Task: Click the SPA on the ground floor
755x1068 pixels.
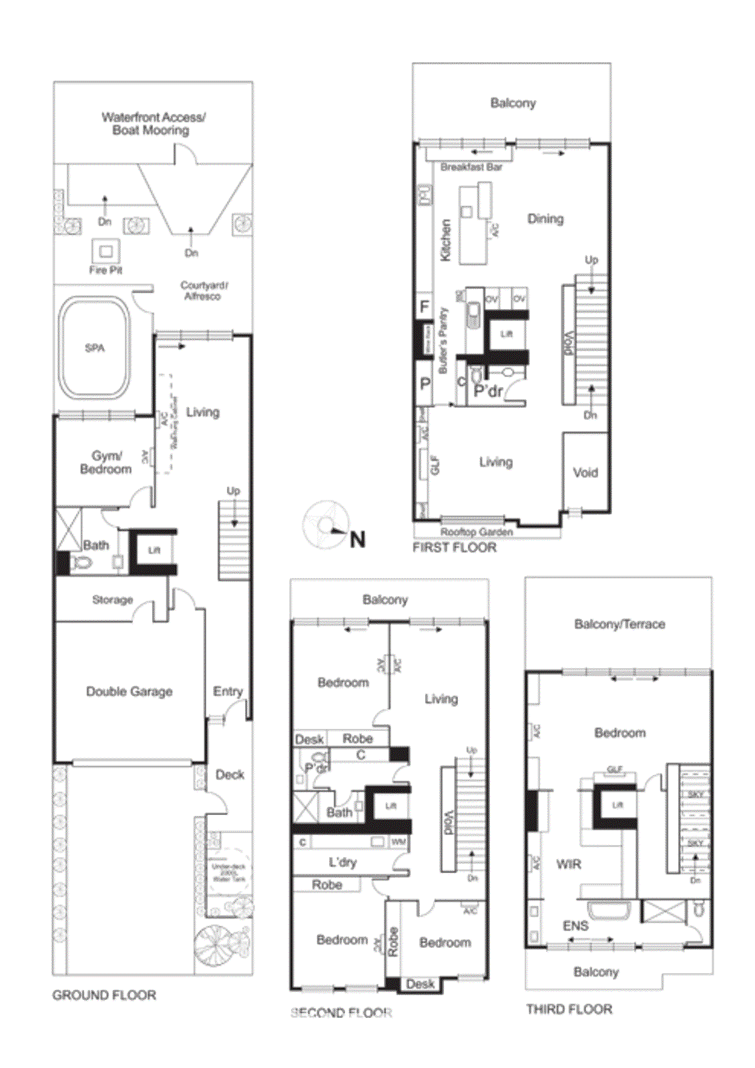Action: point(95,348)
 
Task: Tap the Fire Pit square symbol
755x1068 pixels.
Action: point(105,252)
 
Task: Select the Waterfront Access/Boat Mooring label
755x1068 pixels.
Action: point(153,124)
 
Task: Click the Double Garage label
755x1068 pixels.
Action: point(130,692)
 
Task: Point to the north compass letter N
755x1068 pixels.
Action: point(358,539)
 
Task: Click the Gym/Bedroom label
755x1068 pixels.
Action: point(106,463)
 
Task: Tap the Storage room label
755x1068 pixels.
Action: point(112,600)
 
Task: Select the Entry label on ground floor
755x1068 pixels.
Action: point(228,692)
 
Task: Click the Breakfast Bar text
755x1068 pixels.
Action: point(471,167)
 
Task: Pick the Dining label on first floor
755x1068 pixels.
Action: point(545,219)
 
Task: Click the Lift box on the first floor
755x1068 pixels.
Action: point(507,333)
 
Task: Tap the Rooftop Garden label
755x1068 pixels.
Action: point(477,532)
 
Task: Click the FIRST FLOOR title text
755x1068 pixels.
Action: point(455,547)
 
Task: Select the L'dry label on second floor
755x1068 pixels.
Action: point(343,862)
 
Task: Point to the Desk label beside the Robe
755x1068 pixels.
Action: point(309,739)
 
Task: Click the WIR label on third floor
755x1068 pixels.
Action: point(569,864)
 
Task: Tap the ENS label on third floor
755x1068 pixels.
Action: point(575,926)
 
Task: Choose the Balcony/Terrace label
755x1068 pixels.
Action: point(619,624)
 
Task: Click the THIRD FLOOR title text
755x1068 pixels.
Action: point(569,1009)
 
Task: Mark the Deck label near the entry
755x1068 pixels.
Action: point(230,775)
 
